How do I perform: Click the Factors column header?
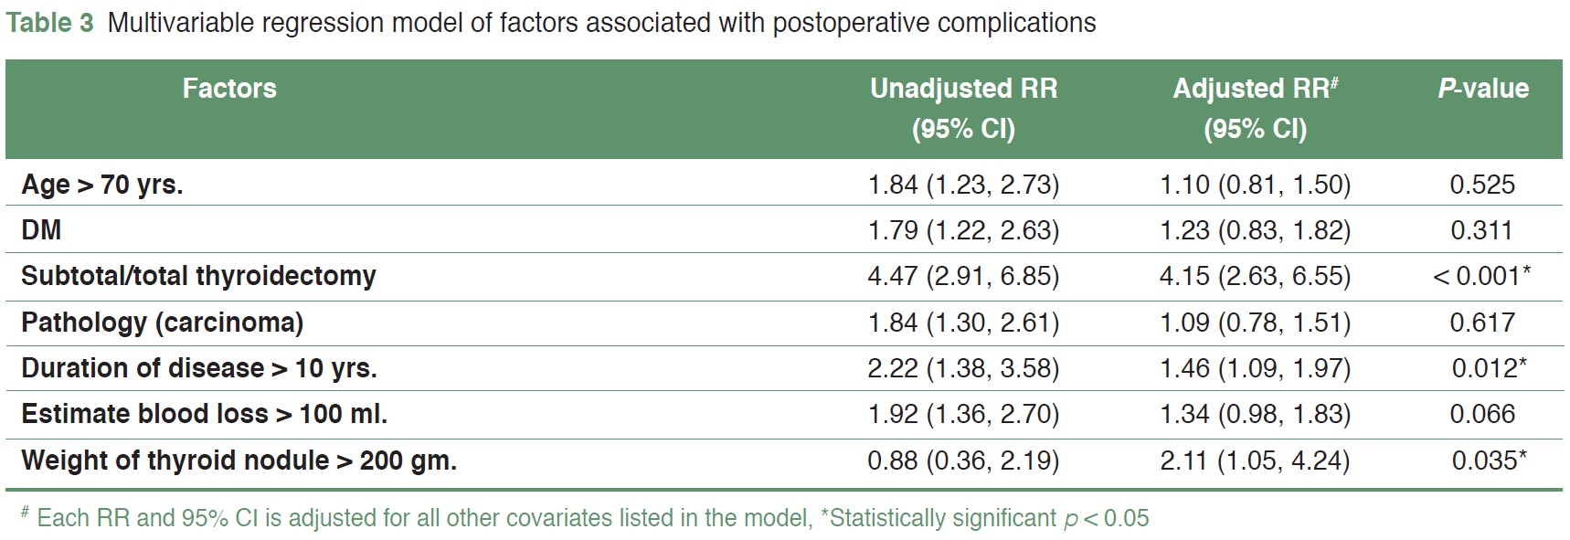pyautogui.click(x=229, y=89)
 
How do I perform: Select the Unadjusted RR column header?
pyautogui.click(x=963, y=108)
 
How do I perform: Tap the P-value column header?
pyautogui.click(x=1482, y=89)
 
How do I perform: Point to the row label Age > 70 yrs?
pyautogui.click(x=102, y=185)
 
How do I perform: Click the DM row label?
pyautogui.click(x=41, y=230)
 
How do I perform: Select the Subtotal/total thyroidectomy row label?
pyautogui.click(x=198, y=276)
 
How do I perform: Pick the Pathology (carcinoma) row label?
pyautogui.click(x=162, y=323)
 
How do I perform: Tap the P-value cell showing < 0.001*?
pyautogui.click(x=1480, y=276)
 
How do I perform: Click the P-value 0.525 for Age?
pyautogui.click(x=1482, y=185)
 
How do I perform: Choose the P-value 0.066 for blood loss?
pyautogui.click(x=1482, y=414)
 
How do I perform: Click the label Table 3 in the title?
pyautogui.click(x=50, y=23)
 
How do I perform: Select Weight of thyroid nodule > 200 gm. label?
pyautogui.click(x=239, y=460)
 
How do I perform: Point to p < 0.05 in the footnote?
pyautogui.click(x=1106, y=518)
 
